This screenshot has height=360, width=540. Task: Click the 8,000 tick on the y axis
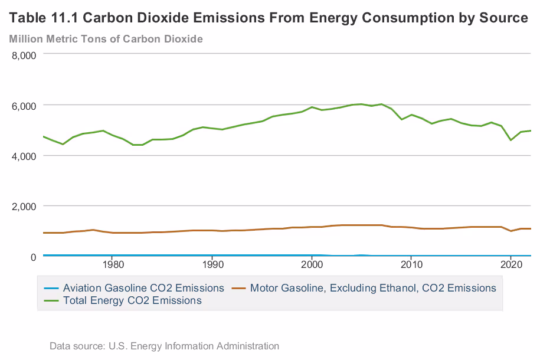24,55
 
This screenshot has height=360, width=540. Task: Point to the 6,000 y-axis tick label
24,106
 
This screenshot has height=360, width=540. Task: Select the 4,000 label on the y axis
24,156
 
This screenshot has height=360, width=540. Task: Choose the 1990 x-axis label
212,266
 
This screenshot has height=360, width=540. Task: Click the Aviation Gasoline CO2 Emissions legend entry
143,288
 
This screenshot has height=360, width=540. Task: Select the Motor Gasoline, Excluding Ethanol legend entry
372,288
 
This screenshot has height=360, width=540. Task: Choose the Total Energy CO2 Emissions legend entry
132,300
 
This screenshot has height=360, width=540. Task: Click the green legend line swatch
52,300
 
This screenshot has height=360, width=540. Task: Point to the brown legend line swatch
239,288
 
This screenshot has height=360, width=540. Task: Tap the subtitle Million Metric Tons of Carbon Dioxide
106,39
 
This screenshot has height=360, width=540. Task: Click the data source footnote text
164,346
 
